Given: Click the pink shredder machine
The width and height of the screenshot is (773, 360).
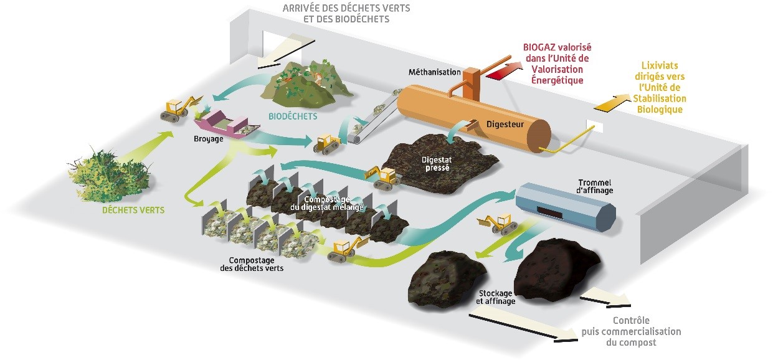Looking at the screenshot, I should pyautogui.click(x=221, y=123).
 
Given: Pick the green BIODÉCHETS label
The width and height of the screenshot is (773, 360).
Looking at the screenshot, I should pyautogui.click(x=293, y=116).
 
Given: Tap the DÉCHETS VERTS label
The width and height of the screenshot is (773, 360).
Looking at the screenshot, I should pyautogui.click(x=134, y=210).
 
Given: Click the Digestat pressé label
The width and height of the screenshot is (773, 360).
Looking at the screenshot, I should pyautogui.click(x=437, y=163).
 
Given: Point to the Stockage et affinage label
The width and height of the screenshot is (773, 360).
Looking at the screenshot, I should pyautogui.click(x=496, y=297).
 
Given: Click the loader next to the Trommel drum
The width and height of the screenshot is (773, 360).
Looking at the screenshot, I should pyautogui.click(x=496, y=222).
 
